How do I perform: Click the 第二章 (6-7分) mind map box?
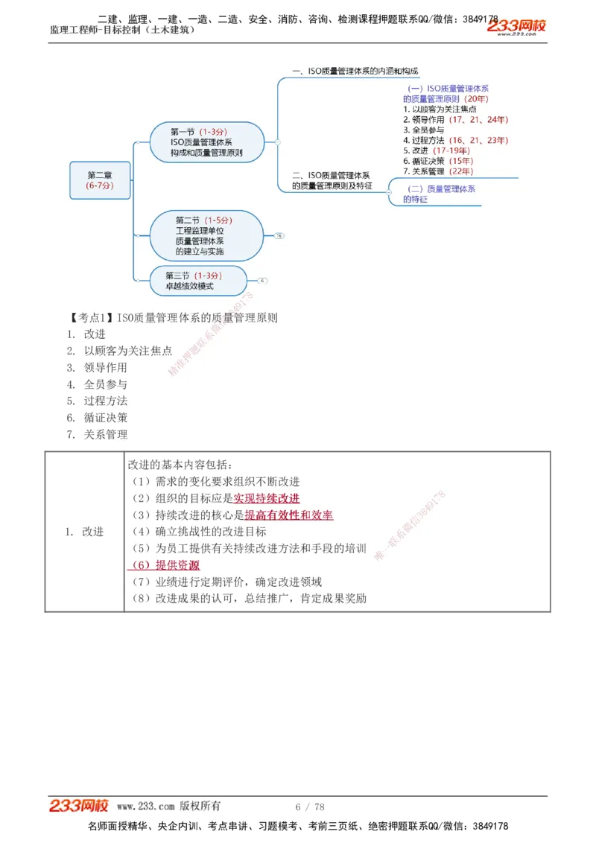[100, 179]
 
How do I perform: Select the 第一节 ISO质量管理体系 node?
[206, 142]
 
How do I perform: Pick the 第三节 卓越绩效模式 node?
[196, 281]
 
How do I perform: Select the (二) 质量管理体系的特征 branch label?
[439, 194]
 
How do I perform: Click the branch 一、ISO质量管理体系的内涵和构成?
[355, 71]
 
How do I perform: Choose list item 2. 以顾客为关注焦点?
[127, 351]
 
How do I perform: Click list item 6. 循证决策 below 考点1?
[105, 418]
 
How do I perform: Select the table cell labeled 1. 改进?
[84, 532]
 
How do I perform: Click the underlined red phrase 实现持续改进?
[267, 498]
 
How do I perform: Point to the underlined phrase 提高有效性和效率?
[289, 515]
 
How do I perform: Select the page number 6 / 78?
[310, 807]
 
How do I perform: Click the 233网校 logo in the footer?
[79, 806]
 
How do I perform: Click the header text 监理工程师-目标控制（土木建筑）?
[123, 30]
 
